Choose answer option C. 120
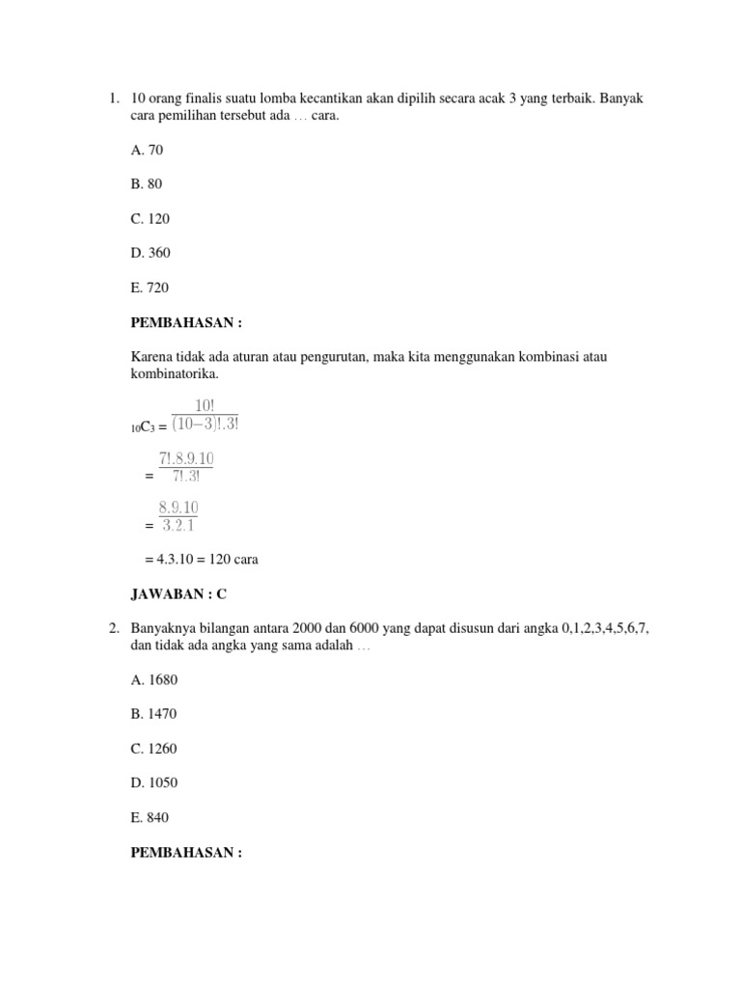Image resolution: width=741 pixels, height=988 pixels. (151, 219)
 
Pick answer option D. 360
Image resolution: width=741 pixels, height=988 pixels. (151, 253)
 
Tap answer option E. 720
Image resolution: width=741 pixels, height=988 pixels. (150, 288)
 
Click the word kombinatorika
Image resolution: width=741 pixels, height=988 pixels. (175, 373)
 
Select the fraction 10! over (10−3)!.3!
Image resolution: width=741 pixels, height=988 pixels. (205, 417)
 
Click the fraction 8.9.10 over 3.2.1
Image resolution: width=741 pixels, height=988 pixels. (178, 516)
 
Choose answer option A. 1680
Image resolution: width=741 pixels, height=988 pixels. (154, 679)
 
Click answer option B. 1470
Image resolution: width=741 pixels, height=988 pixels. (154, 714)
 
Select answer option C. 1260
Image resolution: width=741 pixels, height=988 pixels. (154, 749)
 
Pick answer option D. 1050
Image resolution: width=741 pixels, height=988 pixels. (154, 782)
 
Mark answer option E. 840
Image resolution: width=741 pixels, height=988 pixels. (150, 817)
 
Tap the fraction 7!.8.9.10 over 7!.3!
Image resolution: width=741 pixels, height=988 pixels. (186, 467)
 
